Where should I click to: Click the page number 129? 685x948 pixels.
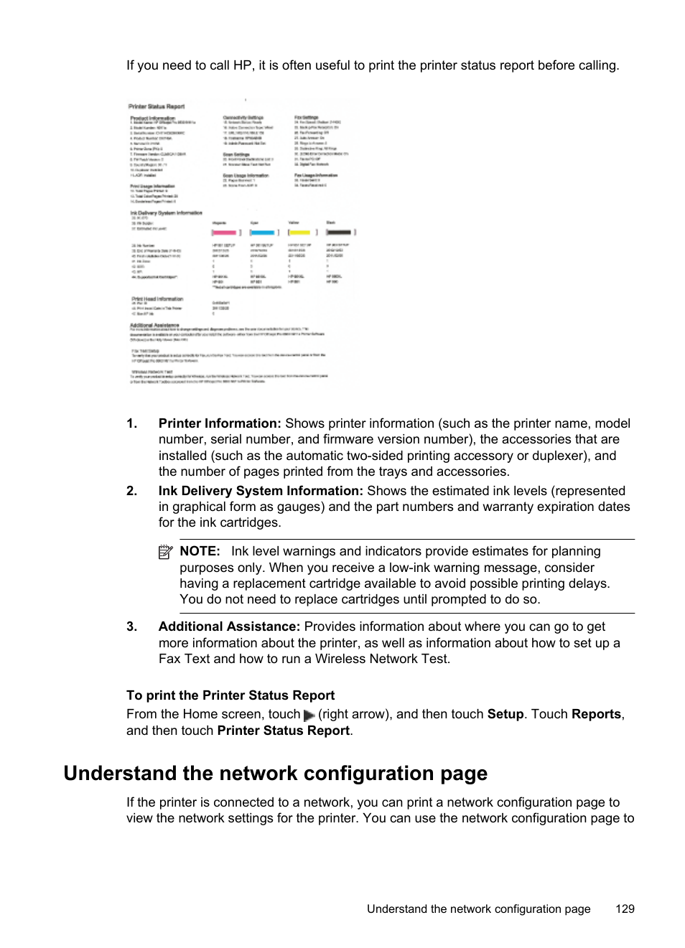coord(625,909)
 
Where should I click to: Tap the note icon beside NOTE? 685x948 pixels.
coord(166,552)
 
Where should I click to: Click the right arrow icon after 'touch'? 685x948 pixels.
coord(309,715)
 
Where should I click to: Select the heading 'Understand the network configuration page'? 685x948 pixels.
coord(275,773)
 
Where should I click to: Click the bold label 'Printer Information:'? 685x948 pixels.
coord(220,423)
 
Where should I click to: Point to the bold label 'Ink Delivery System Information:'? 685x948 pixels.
coord(261,491)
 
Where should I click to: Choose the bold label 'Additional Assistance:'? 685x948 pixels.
coord(229,626)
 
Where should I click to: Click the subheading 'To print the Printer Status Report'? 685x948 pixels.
coord(230,695)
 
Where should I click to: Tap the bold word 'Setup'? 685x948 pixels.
coord(505,714)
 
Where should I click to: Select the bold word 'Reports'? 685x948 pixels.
coord(596,714)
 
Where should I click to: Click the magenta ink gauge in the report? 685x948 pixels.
coord(225,233)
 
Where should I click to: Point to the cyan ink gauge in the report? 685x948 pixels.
coord(263,233)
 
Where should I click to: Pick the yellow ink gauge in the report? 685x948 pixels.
coord(301,233)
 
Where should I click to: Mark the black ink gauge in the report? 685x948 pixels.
coord(340,233)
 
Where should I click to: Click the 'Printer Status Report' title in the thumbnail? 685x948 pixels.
coord(157,106)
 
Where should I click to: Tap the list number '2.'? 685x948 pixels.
coord(131,491)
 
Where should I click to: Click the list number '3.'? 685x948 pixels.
coord(131,626)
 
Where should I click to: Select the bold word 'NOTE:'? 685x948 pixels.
coord(200,551)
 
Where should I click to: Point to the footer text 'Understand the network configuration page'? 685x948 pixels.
coord(478,909)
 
